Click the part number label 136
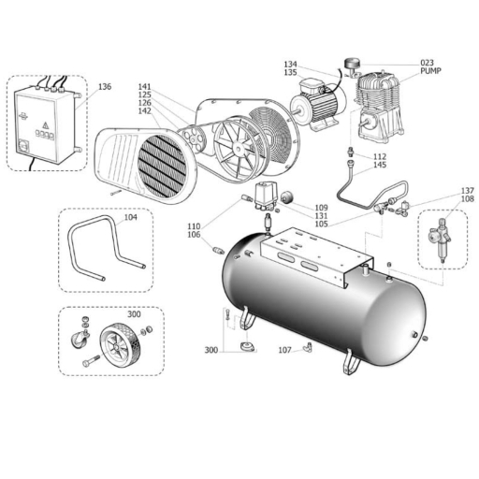coord(105,87)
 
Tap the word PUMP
coord(430,71)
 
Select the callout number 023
coord(427,63)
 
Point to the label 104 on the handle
coord(131,217)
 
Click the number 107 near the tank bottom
coord(284,350)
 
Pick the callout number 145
coord(380,165)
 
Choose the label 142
coord(145,111)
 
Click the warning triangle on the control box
coord(46,125)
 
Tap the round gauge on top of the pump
coord(353,64)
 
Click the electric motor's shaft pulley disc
coord(299,109)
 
